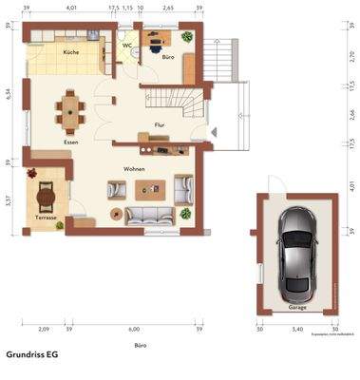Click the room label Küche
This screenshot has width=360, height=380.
pos(70,52)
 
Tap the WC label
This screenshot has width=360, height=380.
pos(125,45)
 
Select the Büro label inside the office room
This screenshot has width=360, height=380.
pos(167,58)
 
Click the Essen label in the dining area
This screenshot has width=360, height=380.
pos(70,142)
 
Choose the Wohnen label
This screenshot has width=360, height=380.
pos(134,168)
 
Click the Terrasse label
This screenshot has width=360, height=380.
pos(46,218)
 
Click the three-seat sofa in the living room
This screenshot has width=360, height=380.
pos(147,217)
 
